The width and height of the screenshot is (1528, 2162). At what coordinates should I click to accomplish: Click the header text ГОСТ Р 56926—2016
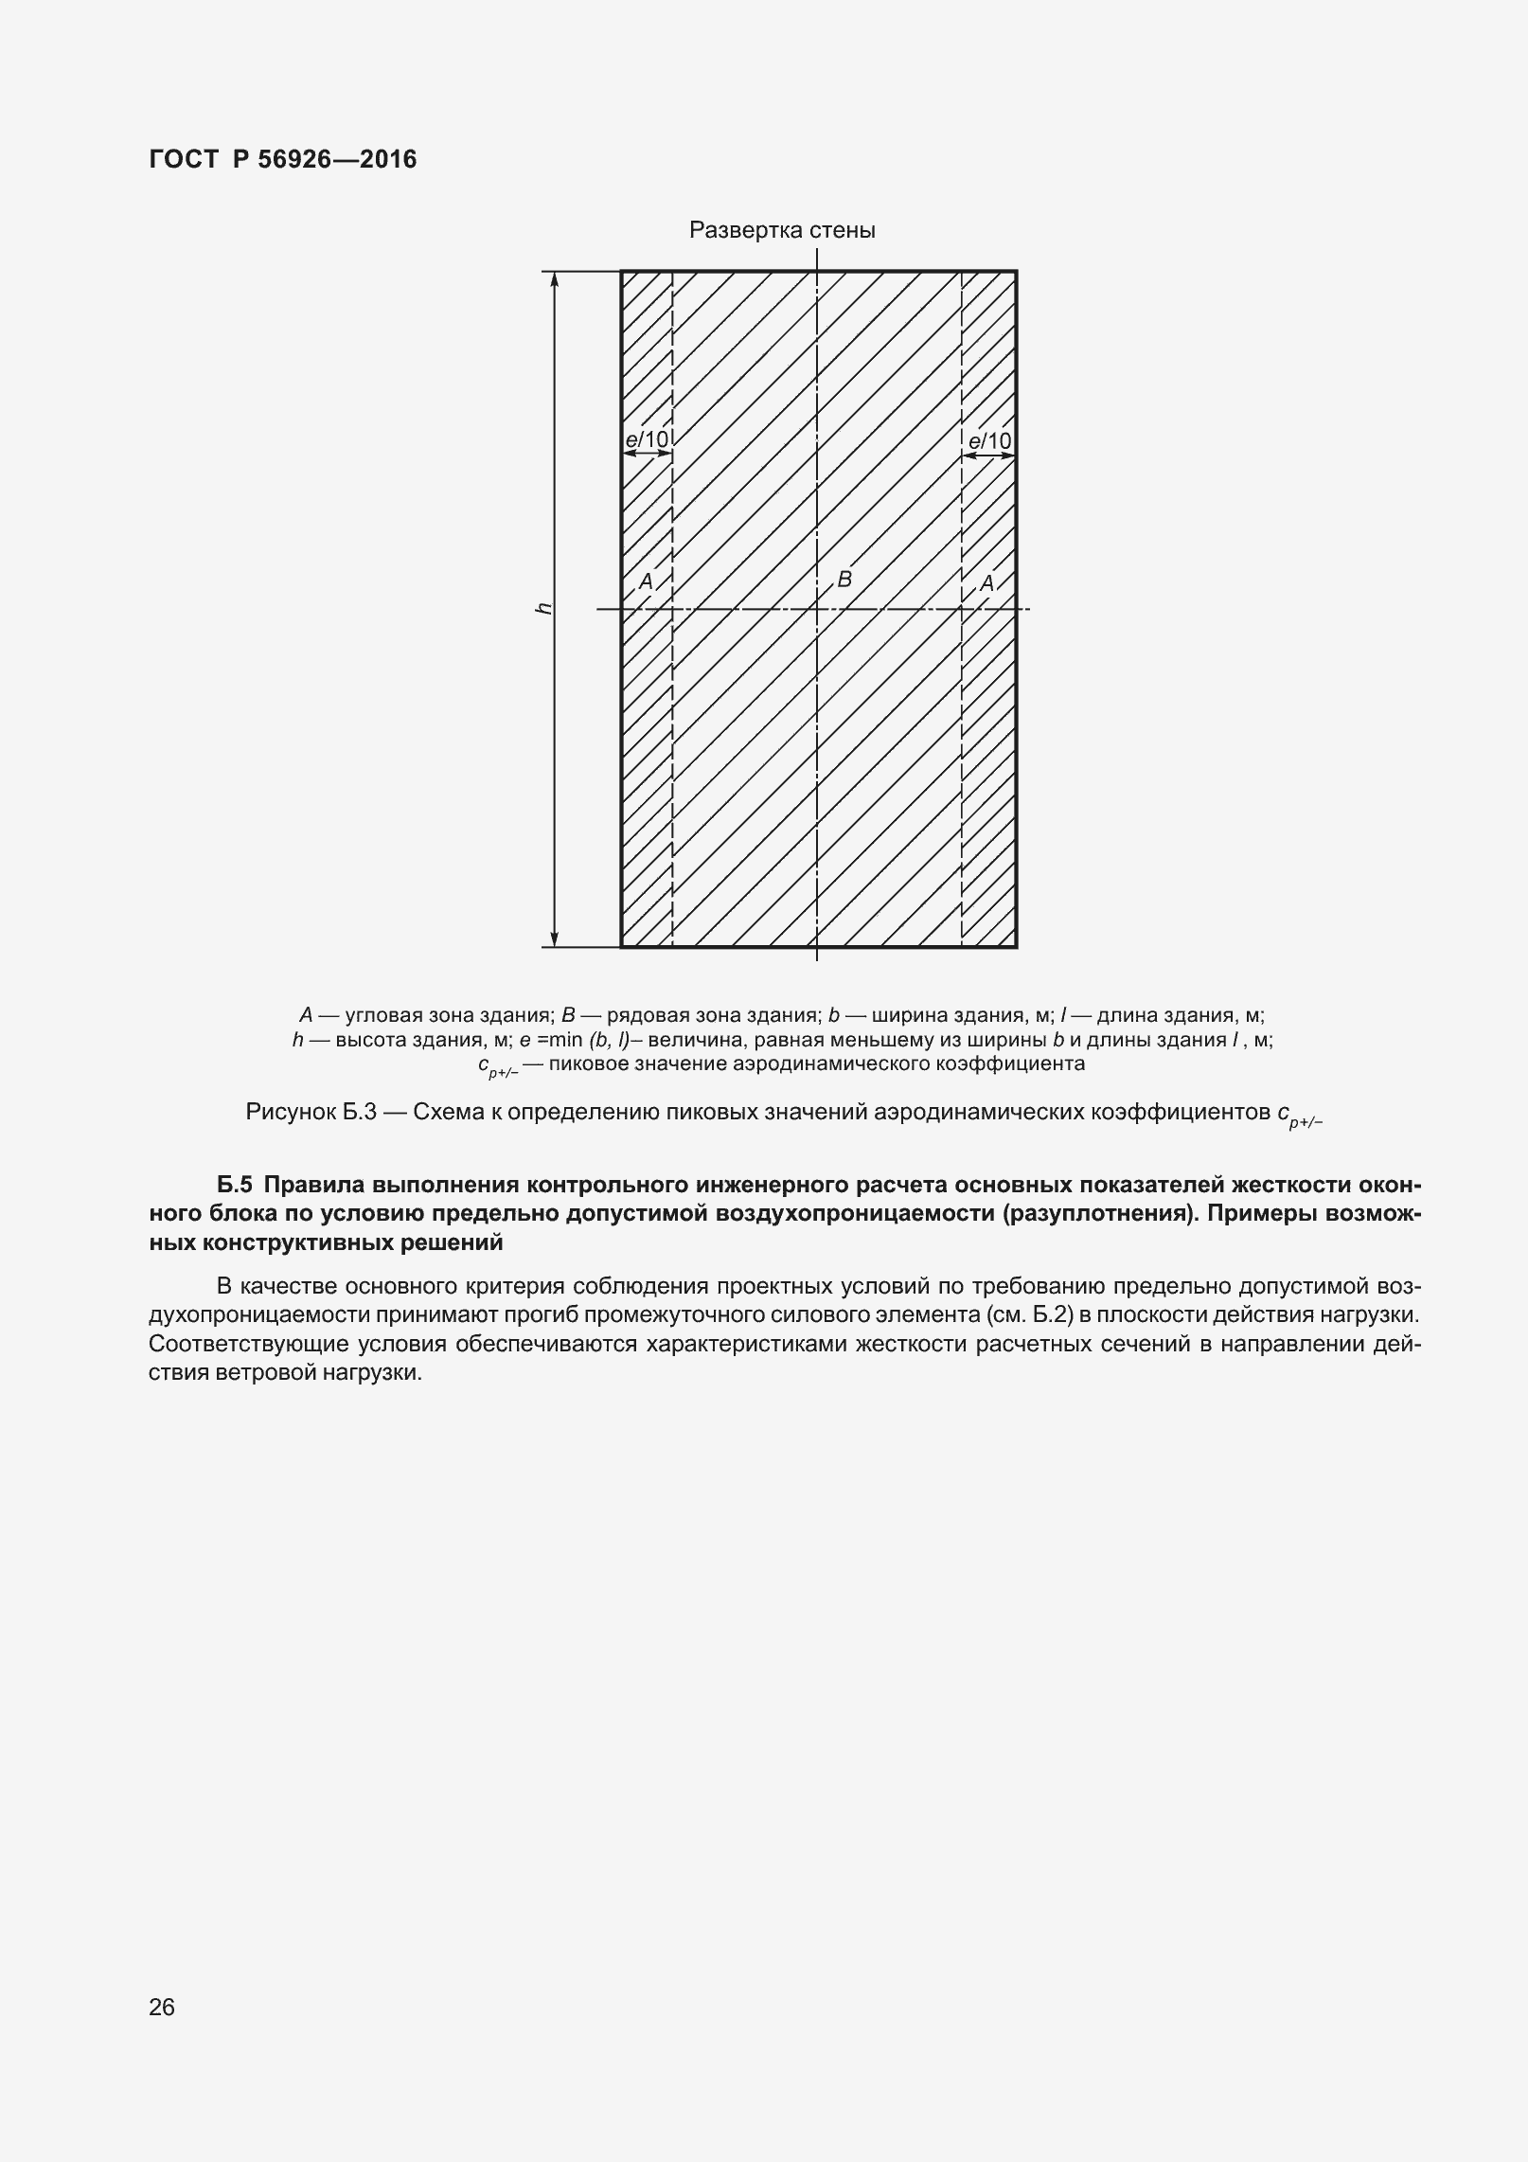tap(282, 159)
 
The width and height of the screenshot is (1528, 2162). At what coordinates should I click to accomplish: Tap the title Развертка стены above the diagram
tap(782, 230)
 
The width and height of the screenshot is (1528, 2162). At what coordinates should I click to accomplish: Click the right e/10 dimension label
tap(989, 440)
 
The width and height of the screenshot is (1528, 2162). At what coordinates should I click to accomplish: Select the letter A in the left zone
tap(646, 581)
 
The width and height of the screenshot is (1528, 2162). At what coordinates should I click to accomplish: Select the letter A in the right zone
tap(986, 583)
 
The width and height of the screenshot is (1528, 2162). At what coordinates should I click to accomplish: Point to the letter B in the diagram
tap(845, 579)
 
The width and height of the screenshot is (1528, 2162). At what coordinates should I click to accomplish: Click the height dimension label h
tap(543, 608)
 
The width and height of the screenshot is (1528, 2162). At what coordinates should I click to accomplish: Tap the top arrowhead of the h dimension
tap(556, 279)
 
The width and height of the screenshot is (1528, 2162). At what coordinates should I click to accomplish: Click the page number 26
tap(162, 2007)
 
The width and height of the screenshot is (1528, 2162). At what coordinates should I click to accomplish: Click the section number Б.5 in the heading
tap(237, 1186)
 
